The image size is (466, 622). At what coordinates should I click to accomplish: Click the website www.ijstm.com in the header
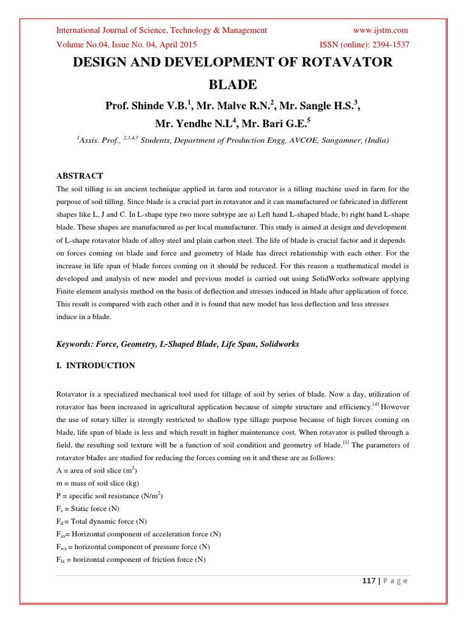[x=380, y=30]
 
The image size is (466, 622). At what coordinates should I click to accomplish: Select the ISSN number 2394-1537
[x=386, y=44]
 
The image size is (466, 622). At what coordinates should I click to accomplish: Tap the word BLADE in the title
[x=232, y=84]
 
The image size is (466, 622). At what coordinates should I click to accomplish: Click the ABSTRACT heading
[x=79, y=176]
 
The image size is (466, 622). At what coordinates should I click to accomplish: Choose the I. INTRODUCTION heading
[x=96, y=365]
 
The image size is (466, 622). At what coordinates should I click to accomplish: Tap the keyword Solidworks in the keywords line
[x=279, y=344]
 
